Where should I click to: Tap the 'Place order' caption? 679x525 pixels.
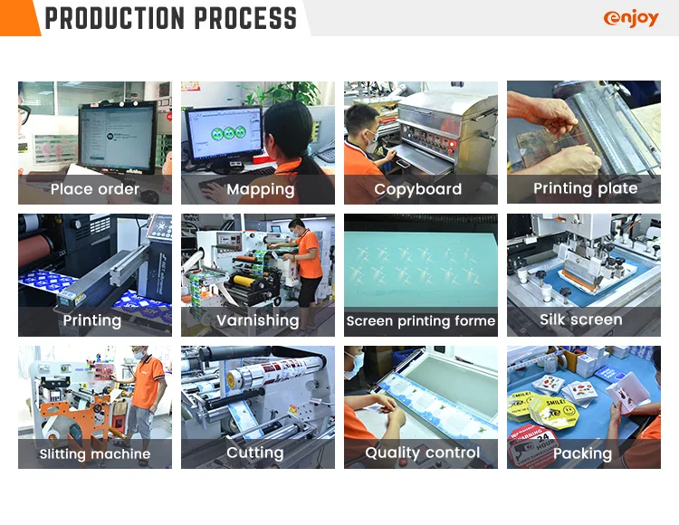95,189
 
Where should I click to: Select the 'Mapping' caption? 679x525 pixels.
260,189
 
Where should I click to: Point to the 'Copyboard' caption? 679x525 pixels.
418,189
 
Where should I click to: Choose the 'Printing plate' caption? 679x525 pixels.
585,188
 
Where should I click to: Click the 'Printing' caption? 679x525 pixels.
91,320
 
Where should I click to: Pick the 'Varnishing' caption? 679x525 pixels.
257,320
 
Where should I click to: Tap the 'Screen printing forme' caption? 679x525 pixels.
421,321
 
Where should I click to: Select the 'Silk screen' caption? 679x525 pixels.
580,320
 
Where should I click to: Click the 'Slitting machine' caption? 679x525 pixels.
95,453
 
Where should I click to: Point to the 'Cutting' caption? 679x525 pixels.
255,453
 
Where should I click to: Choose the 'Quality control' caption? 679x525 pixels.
422,453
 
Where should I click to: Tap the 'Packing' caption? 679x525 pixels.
582,453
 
